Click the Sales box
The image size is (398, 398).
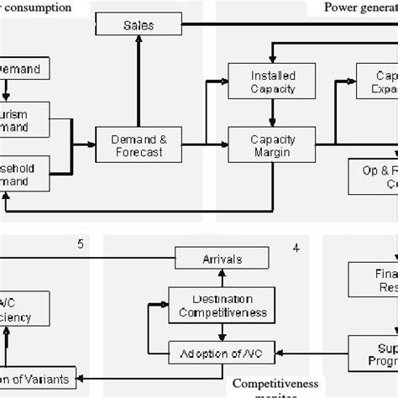click(x=138, y=25)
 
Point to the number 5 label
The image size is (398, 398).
click(x=81, y=245)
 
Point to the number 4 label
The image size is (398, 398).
click(x=296, y=248)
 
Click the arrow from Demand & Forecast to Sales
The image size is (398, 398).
click(x=138, y=82)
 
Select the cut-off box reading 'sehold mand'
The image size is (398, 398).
click(x=25, y=174)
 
